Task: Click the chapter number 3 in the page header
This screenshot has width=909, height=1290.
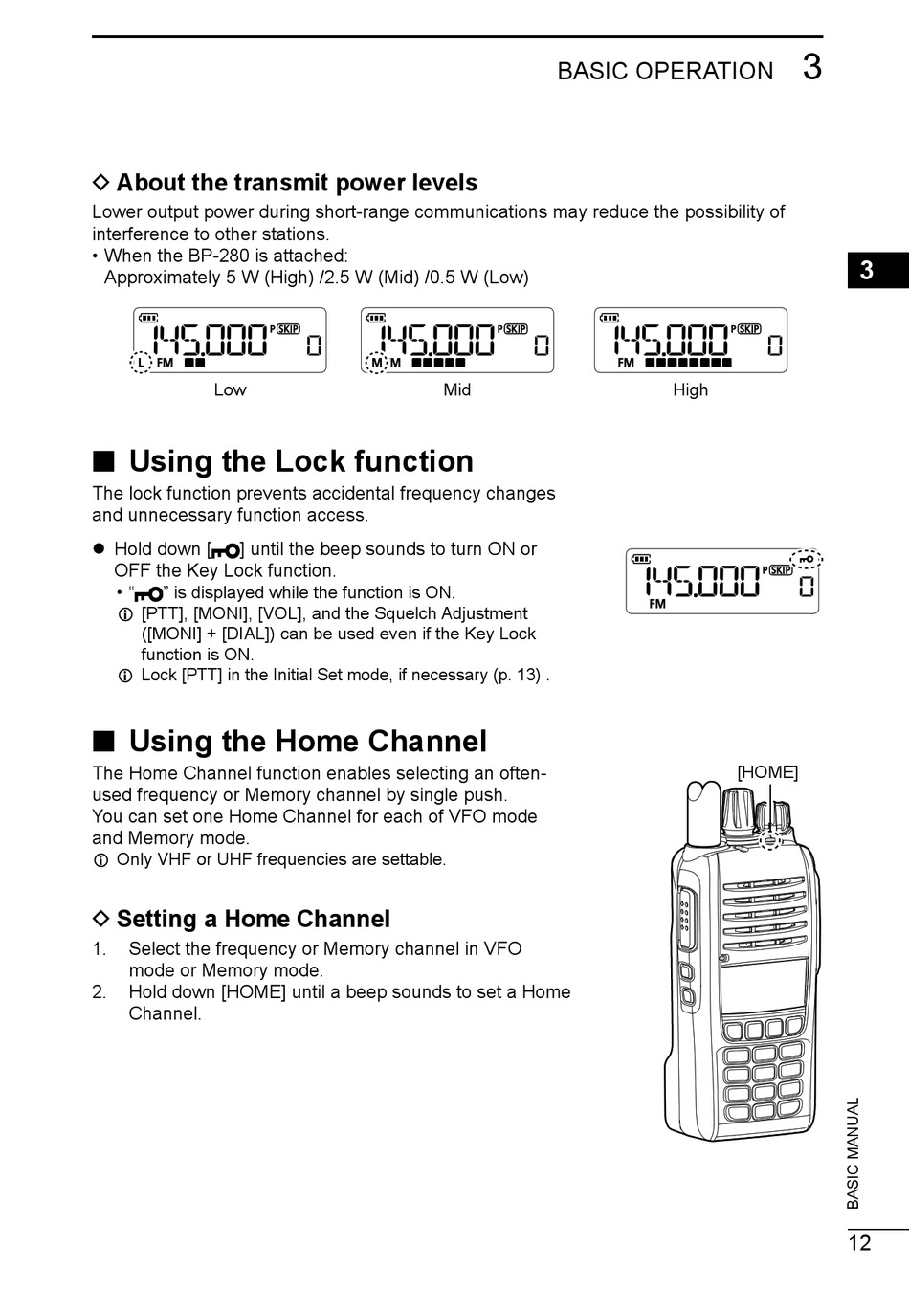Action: click(811, 68)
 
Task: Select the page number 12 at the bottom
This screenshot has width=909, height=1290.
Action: click(859, 1243)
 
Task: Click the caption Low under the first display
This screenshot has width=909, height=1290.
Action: click(230, 389)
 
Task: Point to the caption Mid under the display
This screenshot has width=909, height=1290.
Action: click(457, 389)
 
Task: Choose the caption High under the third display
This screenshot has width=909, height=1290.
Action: click(690, 389)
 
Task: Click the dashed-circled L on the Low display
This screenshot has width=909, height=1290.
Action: click(141, 364)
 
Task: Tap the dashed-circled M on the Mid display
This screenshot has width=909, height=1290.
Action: click(376, 364)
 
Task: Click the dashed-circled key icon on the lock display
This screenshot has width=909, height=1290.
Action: click(808, 559)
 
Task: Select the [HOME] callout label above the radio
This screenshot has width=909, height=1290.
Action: click(767, 772)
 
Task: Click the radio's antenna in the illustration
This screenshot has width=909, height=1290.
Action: click(704, 813)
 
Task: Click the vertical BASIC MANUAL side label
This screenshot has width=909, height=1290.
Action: click(854, 1153)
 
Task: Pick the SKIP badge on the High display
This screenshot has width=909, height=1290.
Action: click(748, 329)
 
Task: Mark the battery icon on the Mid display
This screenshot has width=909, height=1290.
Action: click(377, 318)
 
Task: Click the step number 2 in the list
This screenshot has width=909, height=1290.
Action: click(99, 992)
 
